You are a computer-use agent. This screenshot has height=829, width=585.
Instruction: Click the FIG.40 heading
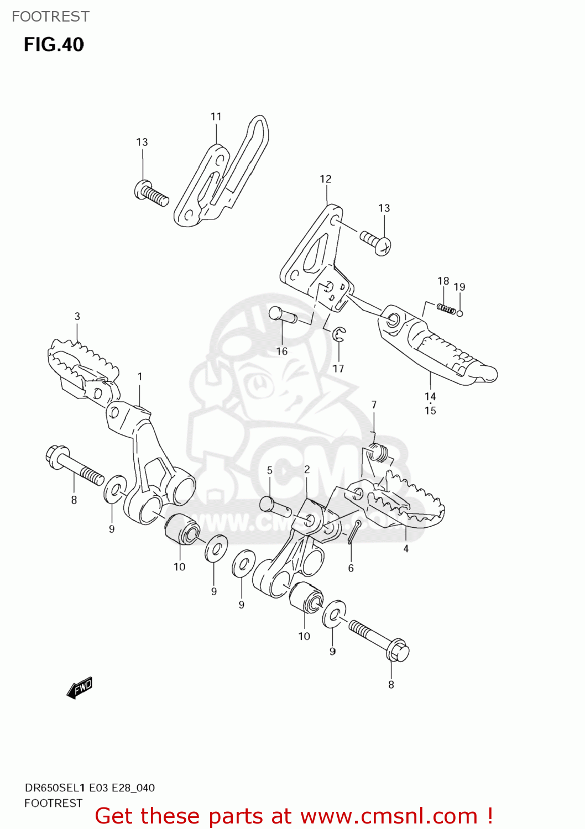tap(54, 45)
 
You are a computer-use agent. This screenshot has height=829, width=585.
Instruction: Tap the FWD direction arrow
tap(80, 688)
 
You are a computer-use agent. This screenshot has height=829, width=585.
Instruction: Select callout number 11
tap(216, 117)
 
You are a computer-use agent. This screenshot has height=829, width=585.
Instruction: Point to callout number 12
tap(326, 179)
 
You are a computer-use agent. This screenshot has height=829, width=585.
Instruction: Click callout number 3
tap(77, 317)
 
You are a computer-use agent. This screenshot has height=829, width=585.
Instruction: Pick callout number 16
tap(282, 351)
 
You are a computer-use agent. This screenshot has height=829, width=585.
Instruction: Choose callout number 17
tap(338, 369)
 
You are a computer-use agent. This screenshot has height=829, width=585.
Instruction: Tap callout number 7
tap(374, 405)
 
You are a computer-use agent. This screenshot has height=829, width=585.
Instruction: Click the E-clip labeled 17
tap(339, 334)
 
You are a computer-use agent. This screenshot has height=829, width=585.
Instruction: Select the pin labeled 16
tap(282, 315)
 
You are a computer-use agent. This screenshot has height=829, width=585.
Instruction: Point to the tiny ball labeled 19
tap(459, 313)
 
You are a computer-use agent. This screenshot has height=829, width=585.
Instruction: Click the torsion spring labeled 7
tap(378, 453)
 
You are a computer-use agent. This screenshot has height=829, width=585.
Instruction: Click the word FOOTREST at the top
tap(50, 17)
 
